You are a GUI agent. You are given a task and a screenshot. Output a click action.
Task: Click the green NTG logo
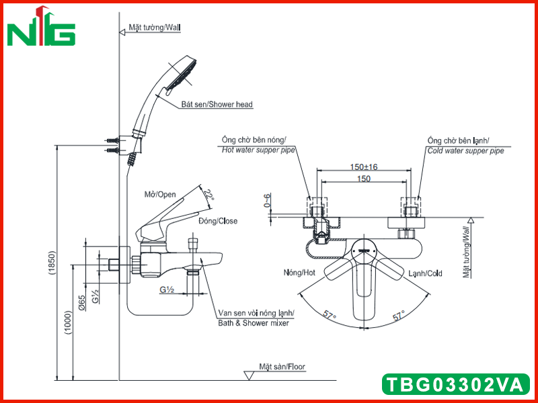[x=41, y=26]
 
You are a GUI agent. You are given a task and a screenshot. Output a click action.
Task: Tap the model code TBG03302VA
[x=455, y=384]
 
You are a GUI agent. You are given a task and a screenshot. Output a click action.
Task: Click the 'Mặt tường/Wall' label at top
[x=155, y=28]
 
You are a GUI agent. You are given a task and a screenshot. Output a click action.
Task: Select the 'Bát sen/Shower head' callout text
[x=217, y=104]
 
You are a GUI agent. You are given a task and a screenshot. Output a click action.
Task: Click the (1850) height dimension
[x=52, y=263]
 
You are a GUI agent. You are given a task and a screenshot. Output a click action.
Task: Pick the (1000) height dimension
[x=68, y=322]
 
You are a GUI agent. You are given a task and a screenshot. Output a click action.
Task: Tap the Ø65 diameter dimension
[x=81, y=303]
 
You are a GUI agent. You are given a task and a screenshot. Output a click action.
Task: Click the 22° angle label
[x=208, y=196]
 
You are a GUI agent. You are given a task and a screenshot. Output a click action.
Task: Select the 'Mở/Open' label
[x=160, y=195]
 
